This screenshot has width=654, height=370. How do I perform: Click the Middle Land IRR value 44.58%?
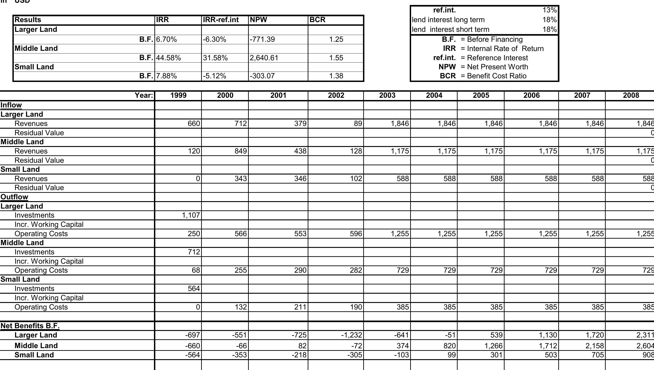tap(168, 58)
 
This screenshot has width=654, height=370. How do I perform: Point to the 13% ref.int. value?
tap(549, 10)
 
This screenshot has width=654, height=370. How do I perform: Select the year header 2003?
tap(387, 95)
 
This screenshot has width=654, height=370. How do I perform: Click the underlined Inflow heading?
tap(11, 105)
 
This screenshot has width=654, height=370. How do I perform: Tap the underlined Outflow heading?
tap(14, 197)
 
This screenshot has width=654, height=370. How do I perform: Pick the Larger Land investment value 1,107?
tap(191, 215)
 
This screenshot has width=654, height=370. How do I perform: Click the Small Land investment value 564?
tap(194, 289)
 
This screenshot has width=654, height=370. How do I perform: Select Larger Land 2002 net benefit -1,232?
tap(351, 335)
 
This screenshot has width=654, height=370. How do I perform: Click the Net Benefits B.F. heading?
tap(30, 326)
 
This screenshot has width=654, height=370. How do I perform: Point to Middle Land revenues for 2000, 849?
tap(241, 151)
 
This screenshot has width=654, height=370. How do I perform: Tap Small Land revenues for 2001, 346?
tap(300, 179)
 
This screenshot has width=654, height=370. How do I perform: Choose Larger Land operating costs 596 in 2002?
tap(356, 234)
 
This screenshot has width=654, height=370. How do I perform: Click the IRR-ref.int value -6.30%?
tap(214, 39)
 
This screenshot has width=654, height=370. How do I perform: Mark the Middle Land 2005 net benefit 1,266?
tap(493, 346)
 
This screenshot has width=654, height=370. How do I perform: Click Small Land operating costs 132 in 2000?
tap(241, 307)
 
